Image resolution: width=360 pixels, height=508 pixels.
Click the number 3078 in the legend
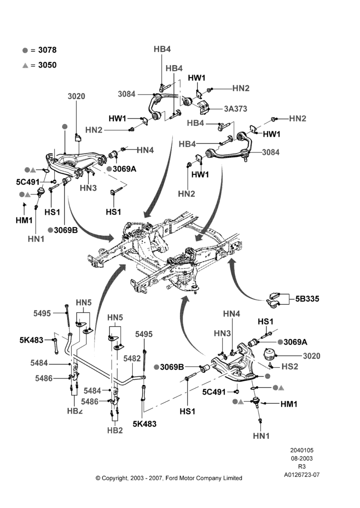tap(47, 50)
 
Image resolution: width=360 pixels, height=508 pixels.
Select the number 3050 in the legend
tap(47, 65)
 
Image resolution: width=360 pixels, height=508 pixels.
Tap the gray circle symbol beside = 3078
tap(25, 50)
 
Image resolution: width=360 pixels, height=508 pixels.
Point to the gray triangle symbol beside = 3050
tap(25, 66)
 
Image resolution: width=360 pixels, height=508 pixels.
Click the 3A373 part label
tap(236, 109)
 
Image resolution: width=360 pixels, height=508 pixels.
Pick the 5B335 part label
tap(307, 298)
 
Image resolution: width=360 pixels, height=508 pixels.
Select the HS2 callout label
tap(290, 366)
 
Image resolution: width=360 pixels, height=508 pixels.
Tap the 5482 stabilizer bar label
tap(132, 358)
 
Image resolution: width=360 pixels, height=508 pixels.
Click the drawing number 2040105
tap(302, 450)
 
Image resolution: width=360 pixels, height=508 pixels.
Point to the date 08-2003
tap(302, 458)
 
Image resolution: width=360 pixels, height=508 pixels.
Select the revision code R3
tap(302, 467)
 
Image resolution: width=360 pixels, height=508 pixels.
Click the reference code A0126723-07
tap(302, 475)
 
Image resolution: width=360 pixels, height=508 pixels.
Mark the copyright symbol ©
tap(98, 478)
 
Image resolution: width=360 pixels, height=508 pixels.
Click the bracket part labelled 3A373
tap(203, 107)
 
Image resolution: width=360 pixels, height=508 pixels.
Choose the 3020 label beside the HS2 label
tap(312, 356)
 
